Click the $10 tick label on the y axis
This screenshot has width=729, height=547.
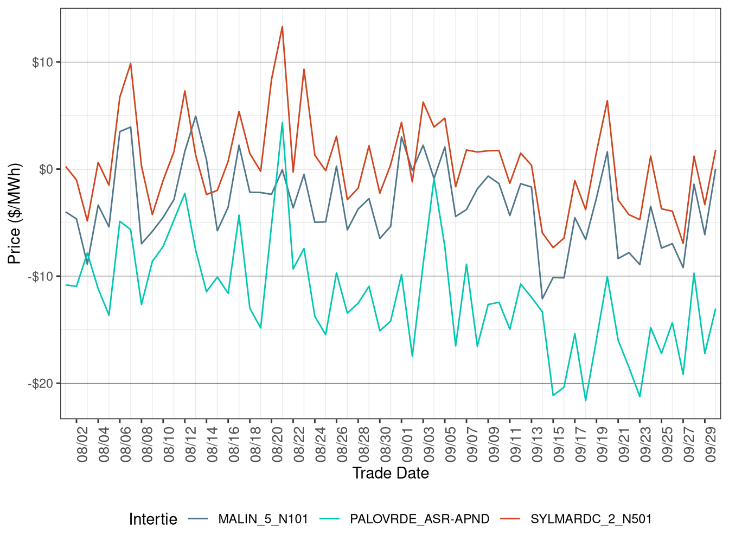(x=42, y=62)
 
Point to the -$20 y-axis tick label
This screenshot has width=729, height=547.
(x=41, y=384)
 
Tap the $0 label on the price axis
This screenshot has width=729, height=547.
(x=46, y=169)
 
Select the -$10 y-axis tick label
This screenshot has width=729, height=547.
(x=41, y=277)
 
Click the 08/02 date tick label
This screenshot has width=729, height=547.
(x=82, y=444)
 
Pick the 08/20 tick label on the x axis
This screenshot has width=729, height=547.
(x=278, y=444)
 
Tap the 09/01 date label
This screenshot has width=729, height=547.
(x=408, y=444)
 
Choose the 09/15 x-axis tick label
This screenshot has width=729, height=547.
(x=559, y=444)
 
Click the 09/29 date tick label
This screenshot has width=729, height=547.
(x=711, y=444)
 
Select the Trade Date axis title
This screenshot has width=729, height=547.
(x=391, y=473)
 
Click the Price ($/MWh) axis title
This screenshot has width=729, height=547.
(x=15, y=213)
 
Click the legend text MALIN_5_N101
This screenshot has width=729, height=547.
(x=263, y=519)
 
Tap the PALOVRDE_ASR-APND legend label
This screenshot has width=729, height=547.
(x=419, y=519)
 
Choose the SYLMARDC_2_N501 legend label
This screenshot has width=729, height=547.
(x=591, y=519)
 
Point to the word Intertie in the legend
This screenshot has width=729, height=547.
(x=153, y=519)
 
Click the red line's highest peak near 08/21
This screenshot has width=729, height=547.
(x=282, y=27)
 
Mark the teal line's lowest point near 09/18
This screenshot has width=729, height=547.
(x=586, y=400)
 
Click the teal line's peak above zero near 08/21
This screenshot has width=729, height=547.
(x=282, y=123)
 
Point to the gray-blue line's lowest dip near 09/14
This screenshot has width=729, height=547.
(x=542, y=298)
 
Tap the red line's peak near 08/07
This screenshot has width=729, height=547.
(x=130, y=63)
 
